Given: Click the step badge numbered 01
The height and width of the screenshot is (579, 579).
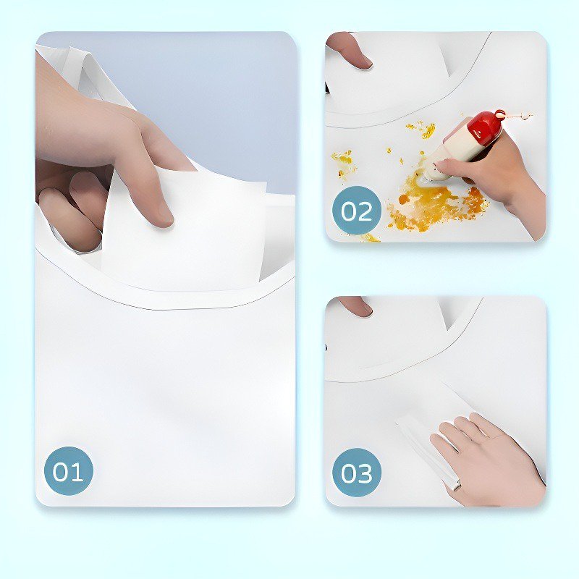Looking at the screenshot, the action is (x=68, y=471).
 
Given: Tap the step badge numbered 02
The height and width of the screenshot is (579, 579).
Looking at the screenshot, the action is (x=356, y=211).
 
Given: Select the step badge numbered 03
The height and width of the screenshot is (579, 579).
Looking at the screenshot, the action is (x=356, y=473).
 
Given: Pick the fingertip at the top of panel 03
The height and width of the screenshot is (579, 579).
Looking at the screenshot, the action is (x=355, y=305).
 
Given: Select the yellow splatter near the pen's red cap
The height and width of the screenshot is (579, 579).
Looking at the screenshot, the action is (x=425, y=130).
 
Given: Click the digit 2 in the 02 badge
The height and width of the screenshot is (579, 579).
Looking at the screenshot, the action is (x=365, y=211).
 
